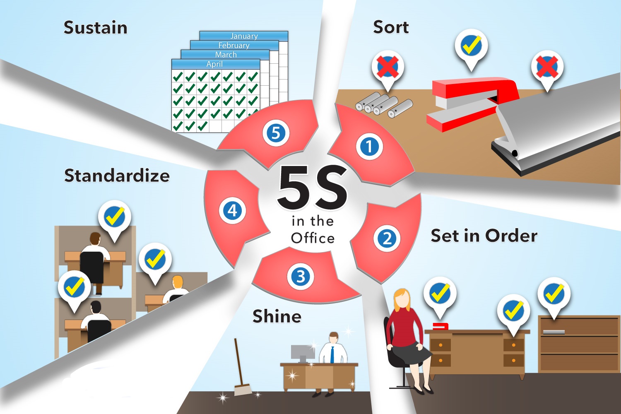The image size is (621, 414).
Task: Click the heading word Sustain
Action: pyautogui.click(x=95, y=28)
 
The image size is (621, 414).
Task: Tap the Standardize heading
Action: pyautogui.click(x=117, y=176)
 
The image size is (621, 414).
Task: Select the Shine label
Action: pyautogui.click(x=277, y=316)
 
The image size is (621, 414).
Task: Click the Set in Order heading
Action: pyautogui.click(x=484, y=236)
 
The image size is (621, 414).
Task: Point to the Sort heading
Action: pyautogui.click(x=391, y=27)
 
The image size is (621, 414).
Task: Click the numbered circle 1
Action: pyautogui.click(x=369, y=146)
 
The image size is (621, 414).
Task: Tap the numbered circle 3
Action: pyautogui.click(x=301, y=276)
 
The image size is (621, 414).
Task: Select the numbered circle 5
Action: pyautogui.click(x=276, y=133)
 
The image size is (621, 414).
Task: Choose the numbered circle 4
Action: pyautogui.click(x=232, y=210)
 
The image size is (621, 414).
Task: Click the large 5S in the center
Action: pyautogui.click(x=313, y=188)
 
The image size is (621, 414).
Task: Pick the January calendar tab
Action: pyautogui.click(x=244, y=36)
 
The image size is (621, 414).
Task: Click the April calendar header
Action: pyautogui.click(x=214, y=64)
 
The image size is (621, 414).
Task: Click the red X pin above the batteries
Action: pyautogui.click(x=388, y=67)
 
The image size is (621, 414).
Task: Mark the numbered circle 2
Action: pyautogui.click(x=387, y=238)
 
